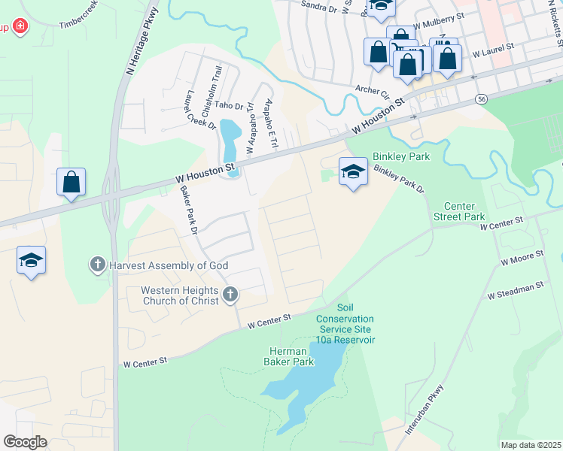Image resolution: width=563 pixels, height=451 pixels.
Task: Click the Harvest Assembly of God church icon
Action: click(97, 265)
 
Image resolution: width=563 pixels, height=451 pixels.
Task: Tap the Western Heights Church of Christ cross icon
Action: click(230, 295)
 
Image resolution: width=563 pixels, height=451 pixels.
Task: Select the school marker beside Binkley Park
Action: click(352, 172)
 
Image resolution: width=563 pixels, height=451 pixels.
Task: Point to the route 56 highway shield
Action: click(479, 99)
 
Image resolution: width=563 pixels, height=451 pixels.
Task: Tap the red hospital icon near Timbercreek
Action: click(20, 28)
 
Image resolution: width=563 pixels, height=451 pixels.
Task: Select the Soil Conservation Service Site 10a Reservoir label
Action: click(345, 324)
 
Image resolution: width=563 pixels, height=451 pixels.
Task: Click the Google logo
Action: click(25, 442)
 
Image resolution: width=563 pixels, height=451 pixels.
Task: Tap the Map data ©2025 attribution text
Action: click(530, 445)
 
